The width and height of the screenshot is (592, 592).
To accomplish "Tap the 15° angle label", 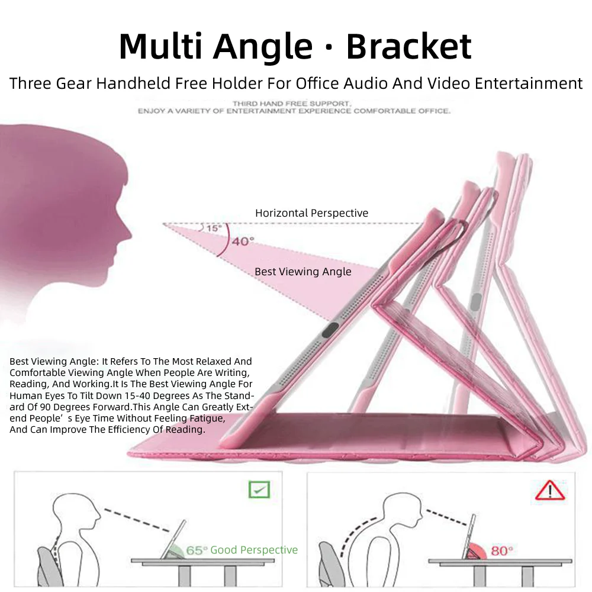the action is coord(213,228).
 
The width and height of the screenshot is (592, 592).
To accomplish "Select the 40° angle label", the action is coord(243,241).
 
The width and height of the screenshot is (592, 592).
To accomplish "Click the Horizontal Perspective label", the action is coord(311,213).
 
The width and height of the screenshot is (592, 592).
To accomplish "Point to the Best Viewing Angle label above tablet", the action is coord(303,272).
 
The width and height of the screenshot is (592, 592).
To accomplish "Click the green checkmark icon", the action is coord(259,490).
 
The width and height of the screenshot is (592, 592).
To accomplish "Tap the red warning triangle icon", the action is coord(550,490).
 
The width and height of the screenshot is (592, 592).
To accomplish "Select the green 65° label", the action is coord(197,551).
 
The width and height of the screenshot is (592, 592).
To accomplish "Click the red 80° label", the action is coord(501,551).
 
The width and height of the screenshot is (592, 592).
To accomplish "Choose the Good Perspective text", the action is coord(254,550).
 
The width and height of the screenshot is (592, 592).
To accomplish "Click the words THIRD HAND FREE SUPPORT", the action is coord(292,104).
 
